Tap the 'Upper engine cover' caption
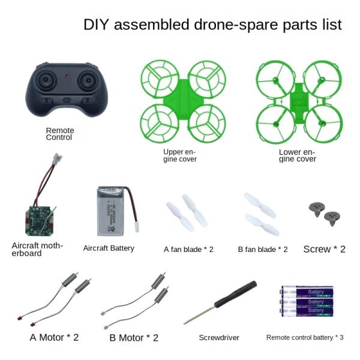coord(180,155)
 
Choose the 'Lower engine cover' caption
coord(297,155)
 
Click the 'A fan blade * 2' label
coord(188,249)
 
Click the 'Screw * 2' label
coord(324,249)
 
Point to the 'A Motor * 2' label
coord(54,337)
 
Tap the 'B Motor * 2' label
coord(134,338)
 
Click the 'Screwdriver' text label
coord(219,338)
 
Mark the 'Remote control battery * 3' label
coord(305,338)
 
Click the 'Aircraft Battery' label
coord(109,248)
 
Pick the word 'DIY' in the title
coord(97,25)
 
